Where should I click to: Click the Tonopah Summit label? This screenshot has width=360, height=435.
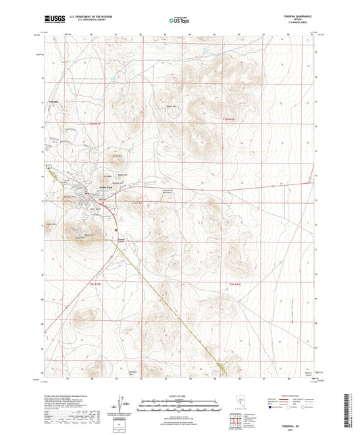(x=122, y=240)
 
